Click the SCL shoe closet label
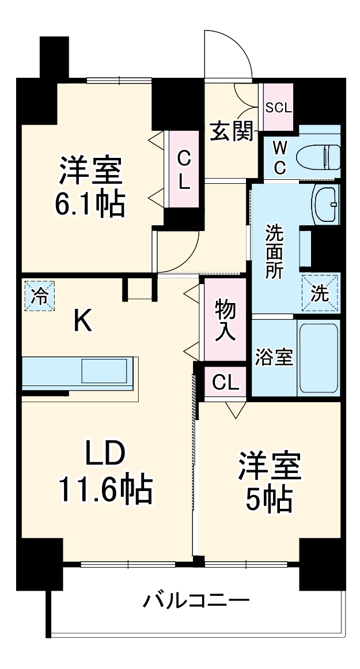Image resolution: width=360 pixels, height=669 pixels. pos(278,108)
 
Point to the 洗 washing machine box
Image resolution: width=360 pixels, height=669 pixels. pos(320,293)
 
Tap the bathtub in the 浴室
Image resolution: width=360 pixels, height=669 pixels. pos(318,357)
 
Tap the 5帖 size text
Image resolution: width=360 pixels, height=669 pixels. pos(268,500)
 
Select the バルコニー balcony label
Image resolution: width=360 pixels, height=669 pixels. pos(196,602)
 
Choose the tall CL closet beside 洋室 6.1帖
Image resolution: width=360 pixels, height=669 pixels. pos(183,170)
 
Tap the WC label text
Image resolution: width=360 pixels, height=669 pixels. pos(279,157)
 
